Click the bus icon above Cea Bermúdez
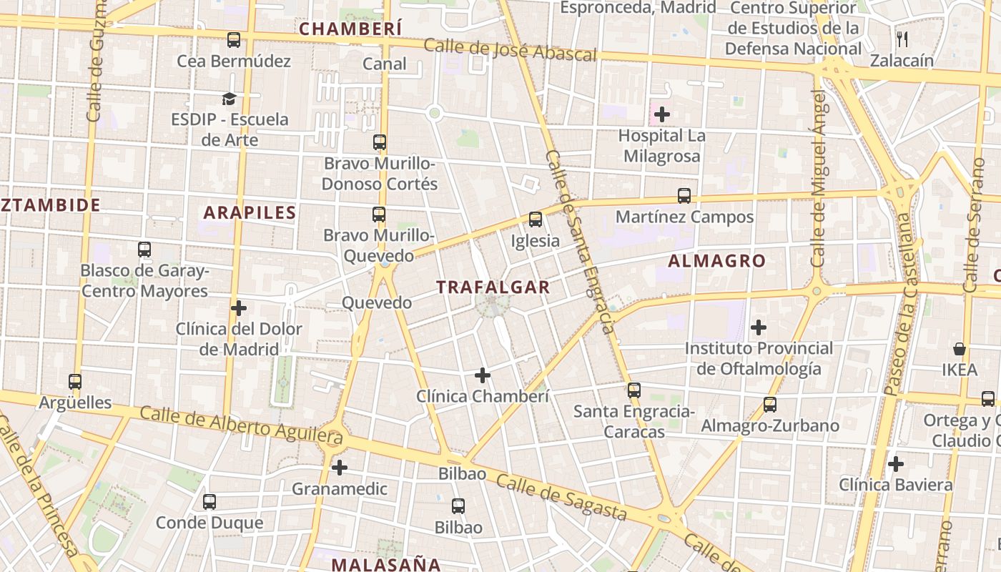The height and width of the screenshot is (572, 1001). coord(234,40)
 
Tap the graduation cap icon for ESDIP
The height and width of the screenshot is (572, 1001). coord(229,99)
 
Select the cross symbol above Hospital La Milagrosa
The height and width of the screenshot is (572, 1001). coord(662,114)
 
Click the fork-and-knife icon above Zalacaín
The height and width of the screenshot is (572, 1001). coord(902,39)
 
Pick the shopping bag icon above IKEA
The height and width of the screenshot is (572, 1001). coord(960,349)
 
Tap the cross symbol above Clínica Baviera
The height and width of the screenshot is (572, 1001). coord(896,464)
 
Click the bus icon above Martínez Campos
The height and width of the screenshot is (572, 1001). coord(684,196)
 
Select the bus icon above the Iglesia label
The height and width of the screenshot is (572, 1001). coord(536,220)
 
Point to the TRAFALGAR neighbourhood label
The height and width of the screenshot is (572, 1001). coord(493,287)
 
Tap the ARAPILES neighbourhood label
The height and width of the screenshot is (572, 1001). coord(250,212)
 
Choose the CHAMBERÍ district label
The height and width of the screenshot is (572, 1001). coord(350,29)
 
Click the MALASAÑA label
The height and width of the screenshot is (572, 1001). coord(386,564)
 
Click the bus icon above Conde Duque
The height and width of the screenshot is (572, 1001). coord(209,502)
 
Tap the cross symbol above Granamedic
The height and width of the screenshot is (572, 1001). coord(340,468)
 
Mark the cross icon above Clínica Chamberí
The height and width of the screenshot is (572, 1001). coord(483,375)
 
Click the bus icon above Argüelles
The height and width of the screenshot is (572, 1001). coord(75,382)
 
